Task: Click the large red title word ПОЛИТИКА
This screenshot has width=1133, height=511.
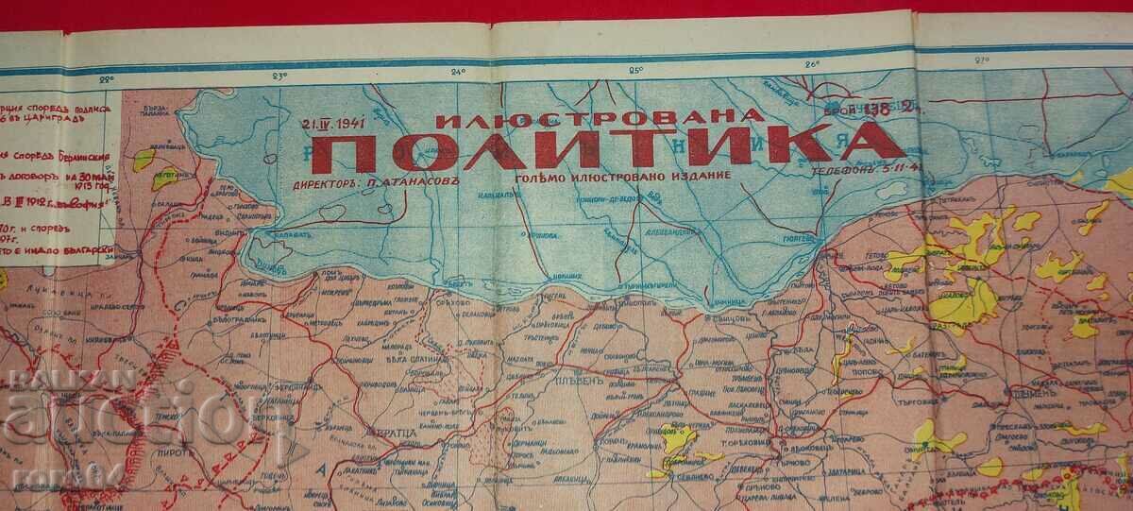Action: (604, 146)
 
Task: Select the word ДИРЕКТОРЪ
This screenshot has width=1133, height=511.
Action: (326, 176)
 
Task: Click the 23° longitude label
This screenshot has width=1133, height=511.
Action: (279, 74)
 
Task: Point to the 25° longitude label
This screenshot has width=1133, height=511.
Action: (635, 69)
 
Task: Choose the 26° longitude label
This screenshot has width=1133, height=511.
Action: (812, 63)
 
